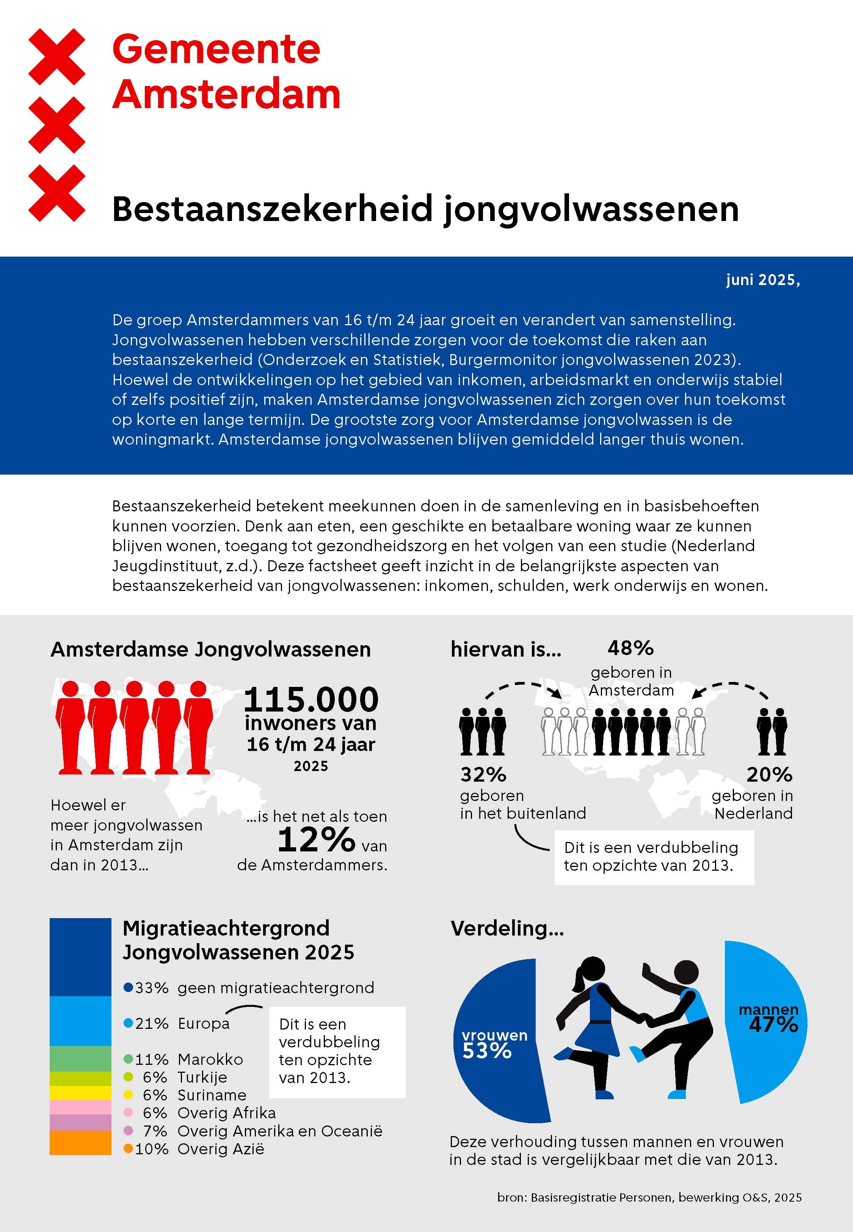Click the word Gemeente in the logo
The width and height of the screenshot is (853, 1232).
click(216, 49)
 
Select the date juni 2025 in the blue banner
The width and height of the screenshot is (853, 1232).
click(762, 280)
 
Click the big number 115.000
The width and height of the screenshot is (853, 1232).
click(310, 699)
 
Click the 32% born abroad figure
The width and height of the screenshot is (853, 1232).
click(483, 774)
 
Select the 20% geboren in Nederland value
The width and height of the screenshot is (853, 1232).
click(769, 774)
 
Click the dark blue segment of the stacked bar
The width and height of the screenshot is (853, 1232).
click(80, 956)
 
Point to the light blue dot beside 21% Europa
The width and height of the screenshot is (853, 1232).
click(128, 1024)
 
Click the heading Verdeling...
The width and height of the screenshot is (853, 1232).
click(506, 928)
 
